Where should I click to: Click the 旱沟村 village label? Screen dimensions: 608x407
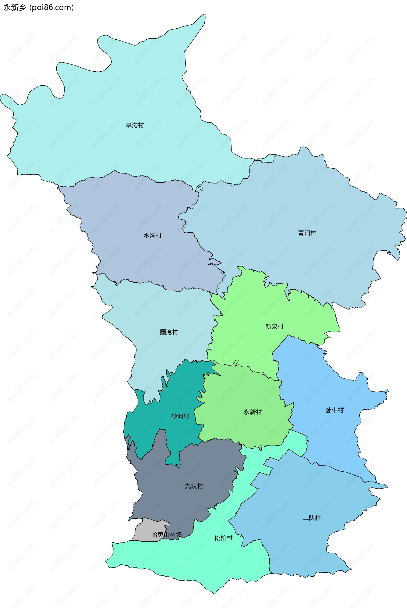135,125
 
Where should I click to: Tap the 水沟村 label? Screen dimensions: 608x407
152,236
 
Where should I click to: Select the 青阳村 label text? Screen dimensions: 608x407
307,233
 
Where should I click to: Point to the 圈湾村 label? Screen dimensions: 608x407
169,332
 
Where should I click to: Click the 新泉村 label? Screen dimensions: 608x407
274,327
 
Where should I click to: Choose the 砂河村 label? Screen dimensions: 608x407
180,416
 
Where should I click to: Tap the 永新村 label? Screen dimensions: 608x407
252,412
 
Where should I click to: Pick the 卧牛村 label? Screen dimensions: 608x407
335,410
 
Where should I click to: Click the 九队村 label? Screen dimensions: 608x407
194,486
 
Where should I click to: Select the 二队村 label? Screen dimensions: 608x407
312,518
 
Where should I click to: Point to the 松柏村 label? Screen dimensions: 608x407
223,538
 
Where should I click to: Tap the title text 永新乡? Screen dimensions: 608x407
15,8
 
